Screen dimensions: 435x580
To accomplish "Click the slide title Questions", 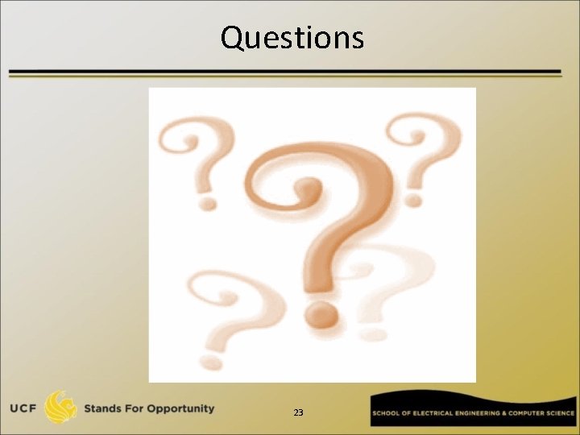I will click(x=292, y=38).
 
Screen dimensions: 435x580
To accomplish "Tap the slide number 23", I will click(x=298, y=412).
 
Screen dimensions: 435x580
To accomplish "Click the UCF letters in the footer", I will click(x=22, y=408).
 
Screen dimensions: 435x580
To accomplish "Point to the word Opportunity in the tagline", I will click(x=178, y=408).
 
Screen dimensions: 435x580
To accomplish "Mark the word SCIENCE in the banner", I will click(x=561, y=413).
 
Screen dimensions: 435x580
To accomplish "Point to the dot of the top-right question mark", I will click(x=414, y=197).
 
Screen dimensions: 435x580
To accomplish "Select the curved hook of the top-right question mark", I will click(x=427, y=141).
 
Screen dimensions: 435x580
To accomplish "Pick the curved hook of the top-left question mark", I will click(x=197, y=141).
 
